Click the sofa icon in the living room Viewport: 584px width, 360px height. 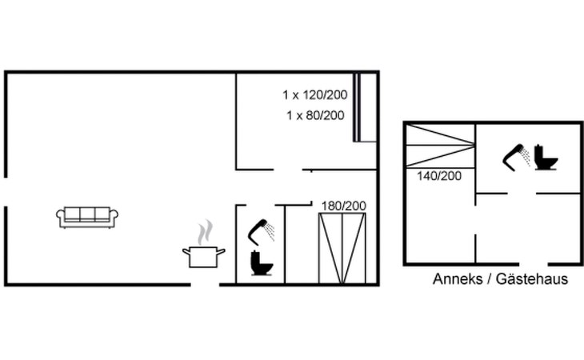(x=87, y=218)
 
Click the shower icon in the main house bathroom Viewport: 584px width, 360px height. (x=261, y=232)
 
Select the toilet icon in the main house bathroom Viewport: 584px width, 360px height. (x=262, y=263)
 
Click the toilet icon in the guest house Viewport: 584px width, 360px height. (x=546, y=158)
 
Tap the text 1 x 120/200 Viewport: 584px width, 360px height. (x=314, y=95)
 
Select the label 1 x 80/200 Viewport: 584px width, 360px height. (x=315, y=115)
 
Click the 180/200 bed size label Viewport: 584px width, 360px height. (x=343, y=206)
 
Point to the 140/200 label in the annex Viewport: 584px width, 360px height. (x=439, y=176)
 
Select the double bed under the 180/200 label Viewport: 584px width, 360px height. (x=342, y=248)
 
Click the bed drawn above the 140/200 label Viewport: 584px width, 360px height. (x=440, y=145)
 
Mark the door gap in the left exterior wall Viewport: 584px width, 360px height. (x=6, y=192)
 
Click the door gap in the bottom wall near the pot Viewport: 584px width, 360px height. (x=205, y=285)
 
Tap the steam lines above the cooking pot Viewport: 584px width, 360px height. (x=206, y=232)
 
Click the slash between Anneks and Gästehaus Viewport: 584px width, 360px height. (x=490, y=279)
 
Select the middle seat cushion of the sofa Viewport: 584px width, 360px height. (x=87, y=214)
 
